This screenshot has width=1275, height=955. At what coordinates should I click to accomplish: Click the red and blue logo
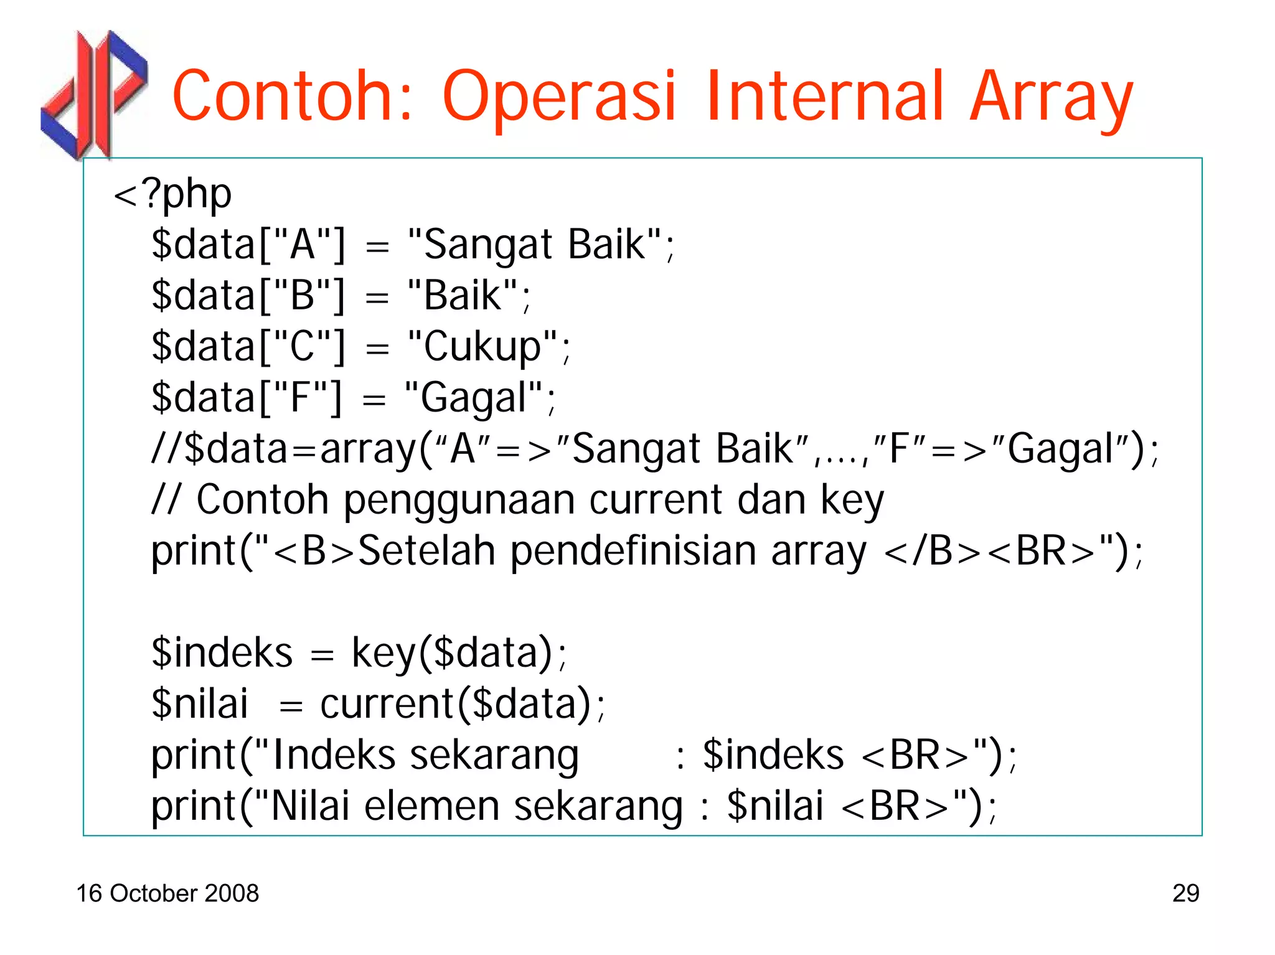(x=93, y=93)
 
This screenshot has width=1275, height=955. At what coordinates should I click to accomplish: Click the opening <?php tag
(x=172, y=194)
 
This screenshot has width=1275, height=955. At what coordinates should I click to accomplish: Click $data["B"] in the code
(x=248, y=296)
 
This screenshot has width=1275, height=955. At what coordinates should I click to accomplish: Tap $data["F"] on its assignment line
(x=247, y=398)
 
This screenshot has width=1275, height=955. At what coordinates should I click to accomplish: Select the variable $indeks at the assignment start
(x=222, y=653)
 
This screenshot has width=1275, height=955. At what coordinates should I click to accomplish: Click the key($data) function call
(x=452, y=653)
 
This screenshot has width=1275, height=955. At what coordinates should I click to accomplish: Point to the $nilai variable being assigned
(x=199, y=704)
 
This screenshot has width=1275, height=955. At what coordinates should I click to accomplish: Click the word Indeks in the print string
(x=334, y=755)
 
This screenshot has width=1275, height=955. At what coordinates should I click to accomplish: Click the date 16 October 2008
(x=167, y=893)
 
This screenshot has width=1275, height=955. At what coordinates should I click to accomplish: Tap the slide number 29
(x=1185, y=893)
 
